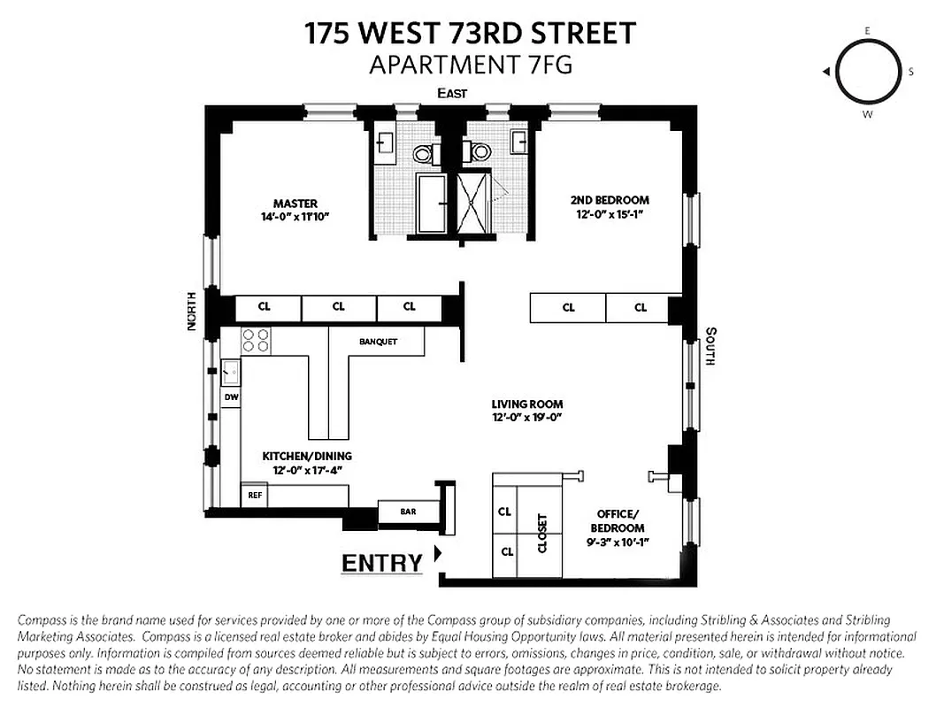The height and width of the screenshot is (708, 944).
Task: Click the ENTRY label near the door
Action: tap(382, 563)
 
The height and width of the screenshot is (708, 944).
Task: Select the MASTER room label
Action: tap(295, 204)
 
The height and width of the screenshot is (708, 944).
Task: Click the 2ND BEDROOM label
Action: tap(610, 200)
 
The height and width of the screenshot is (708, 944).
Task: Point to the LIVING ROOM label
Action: tap(527, 404)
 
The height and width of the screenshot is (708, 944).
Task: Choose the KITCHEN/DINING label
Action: tap(301, 457)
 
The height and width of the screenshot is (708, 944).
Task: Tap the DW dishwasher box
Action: tap(230, 398)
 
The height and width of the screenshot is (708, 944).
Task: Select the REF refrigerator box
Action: tap(254, 496)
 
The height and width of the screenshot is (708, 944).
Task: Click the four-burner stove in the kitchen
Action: tap(256, 341)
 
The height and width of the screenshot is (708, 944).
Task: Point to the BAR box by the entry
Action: tap(407, 512)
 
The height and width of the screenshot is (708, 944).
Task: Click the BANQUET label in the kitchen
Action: tap(378, 342)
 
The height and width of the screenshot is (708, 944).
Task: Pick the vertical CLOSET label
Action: tap(542, 534)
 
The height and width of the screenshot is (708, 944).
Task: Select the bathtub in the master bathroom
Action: tap(433, 203)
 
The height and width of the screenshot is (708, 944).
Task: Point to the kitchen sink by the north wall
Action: tap(229, 370)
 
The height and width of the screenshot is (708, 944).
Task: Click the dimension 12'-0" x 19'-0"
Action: tap(527, 417)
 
